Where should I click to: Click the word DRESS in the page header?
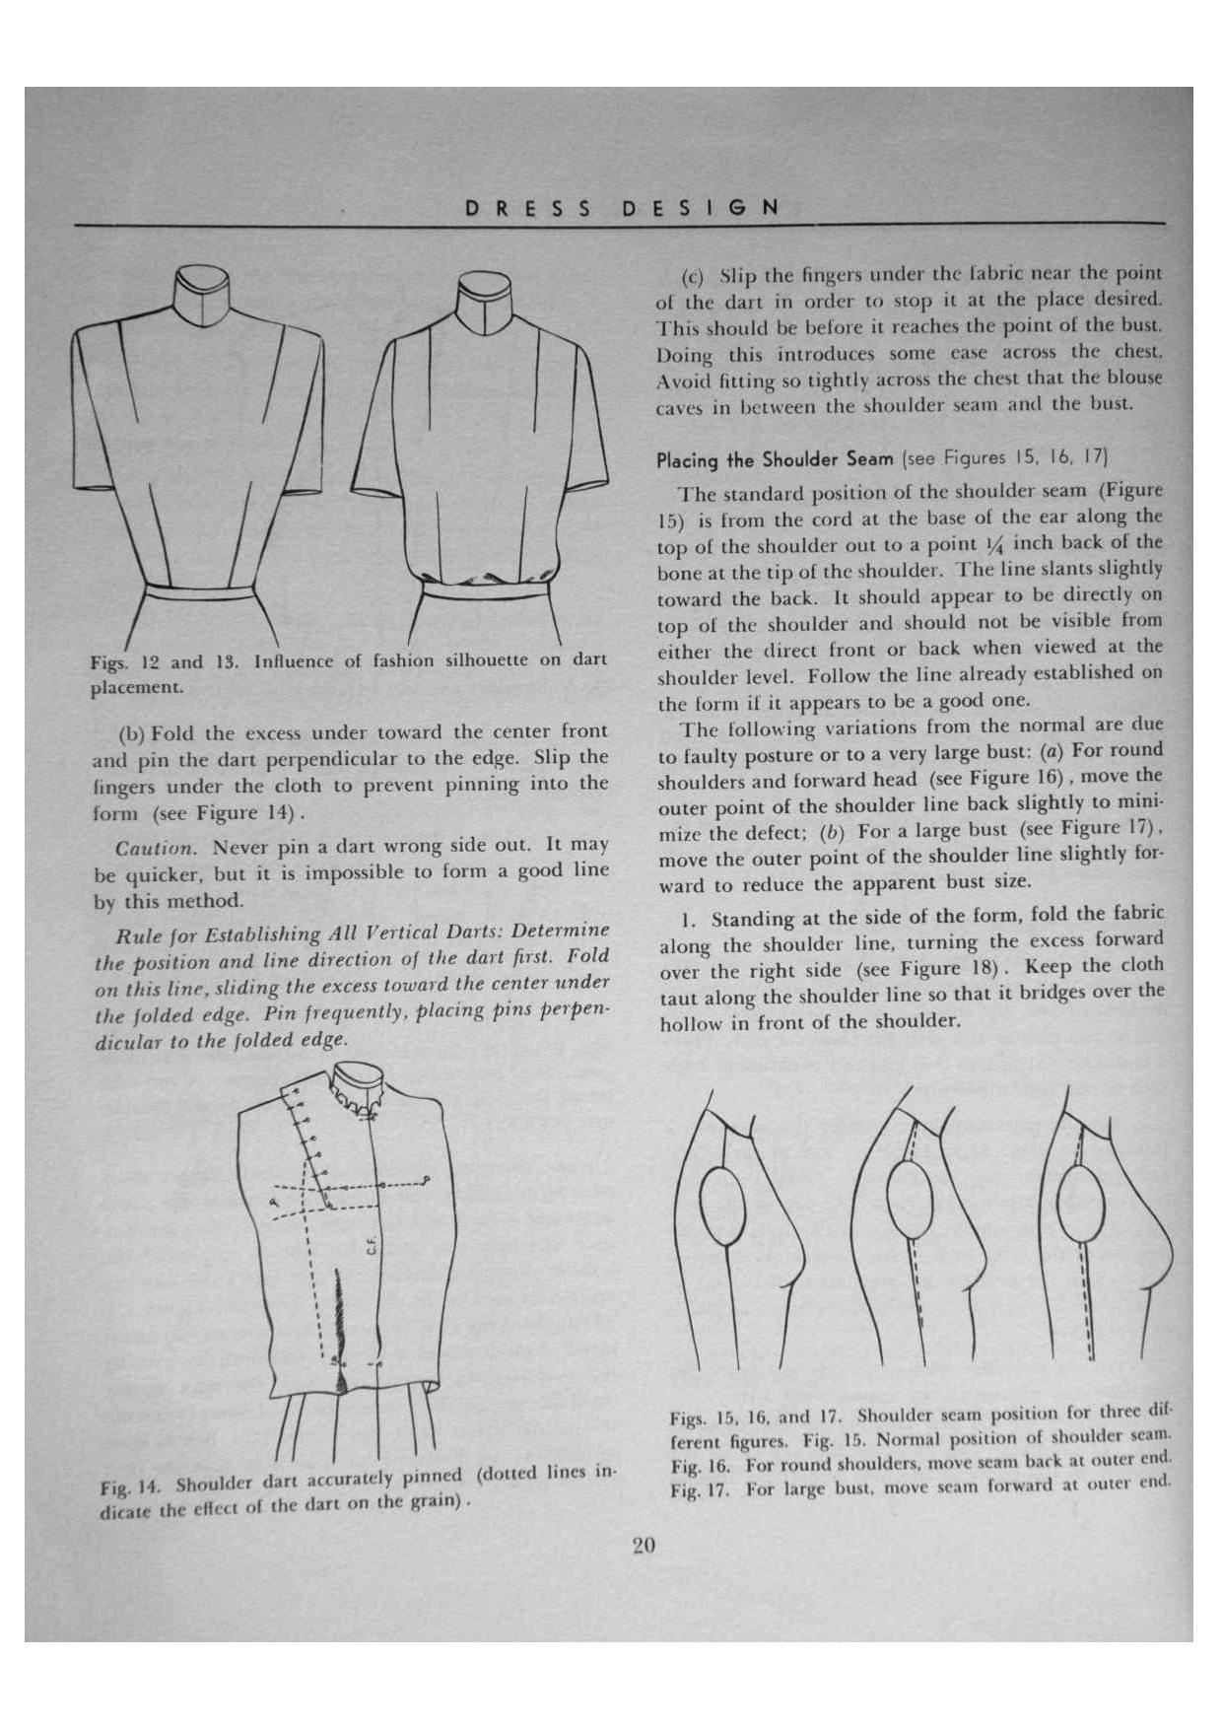coord(528,208)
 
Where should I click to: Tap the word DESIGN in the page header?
coord(701,208)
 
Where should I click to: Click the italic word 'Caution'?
coord(155,848)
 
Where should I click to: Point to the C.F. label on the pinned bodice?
coord(372,1246)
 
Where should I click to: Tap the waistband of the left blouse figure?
coord(197,591)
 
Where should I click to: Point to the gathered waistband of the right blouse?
coord(485,589)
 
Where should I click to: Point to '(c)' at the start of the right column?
coord(694,273)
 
